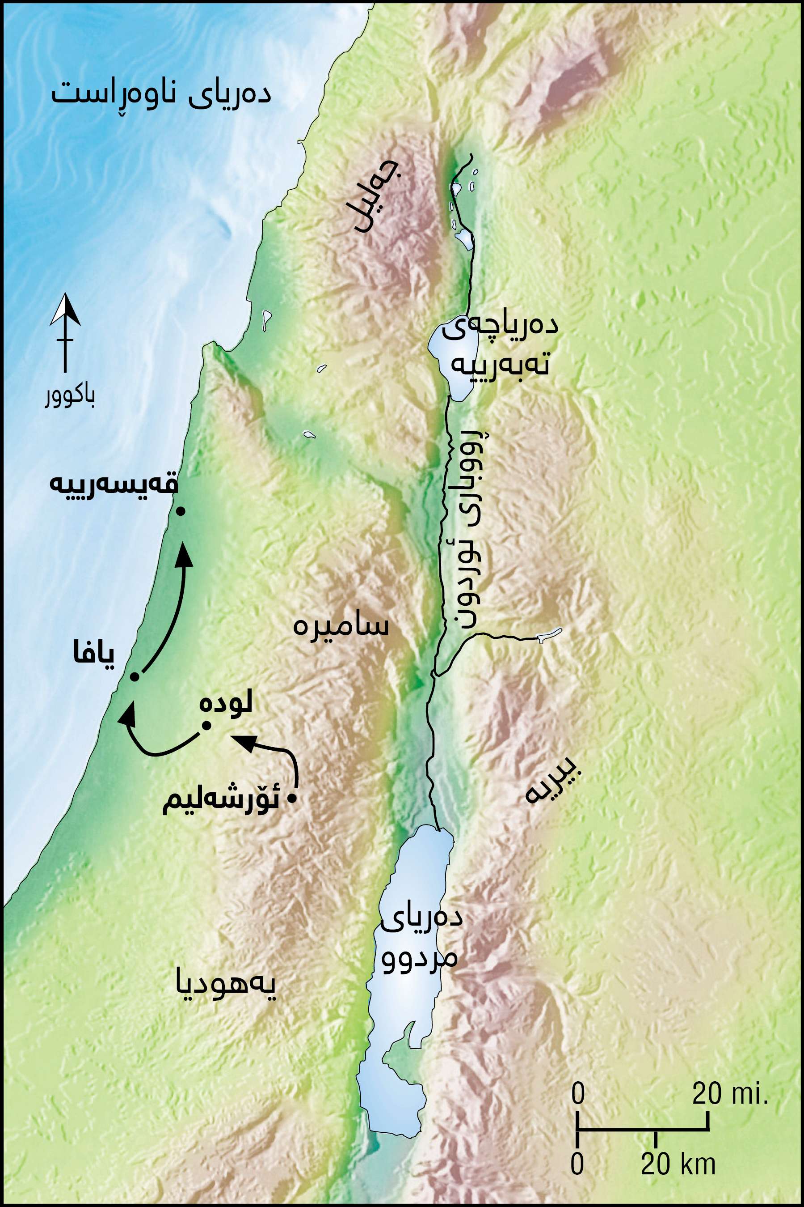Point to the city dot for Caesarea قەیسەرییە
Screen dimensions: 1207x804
coord(180,511)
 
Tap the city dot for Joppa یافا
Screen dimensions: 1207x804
coord(135,677)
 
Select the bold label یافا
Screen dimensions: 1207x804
coord(94,654)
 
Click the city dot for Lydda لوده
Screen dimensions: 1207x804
coord(206,725)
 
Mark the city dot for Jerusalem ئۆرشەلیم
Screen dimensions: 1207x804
coord(292,799)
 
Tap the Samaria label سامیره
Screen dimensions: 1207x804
coord(341,626)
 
